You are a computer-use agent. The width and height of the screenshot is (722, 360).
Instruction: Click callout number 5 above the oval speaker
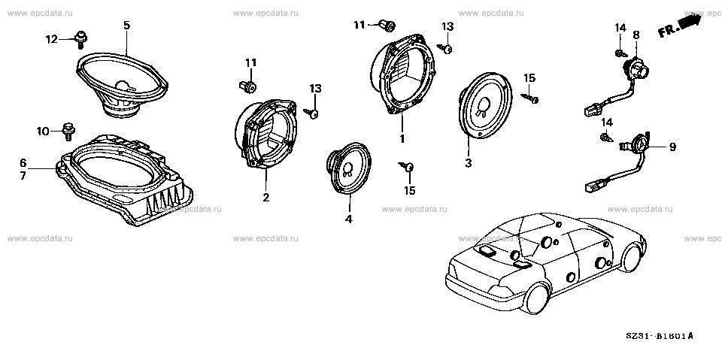[126, 25]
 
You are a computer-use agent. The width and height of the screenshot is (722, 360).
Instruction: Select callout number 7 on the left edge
[23, 175]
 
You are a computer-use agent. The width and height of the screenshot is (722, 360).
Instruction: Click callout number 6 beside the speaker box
[23, 163]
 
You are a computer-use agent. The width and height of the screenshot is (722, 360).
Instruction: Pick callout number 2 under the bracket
[265, 198]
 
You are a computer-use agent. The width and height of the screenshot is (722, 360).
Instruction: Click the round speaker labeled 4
[347, 170]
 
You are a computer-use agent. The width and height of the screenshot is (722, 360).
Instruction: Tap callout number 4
[347, 219]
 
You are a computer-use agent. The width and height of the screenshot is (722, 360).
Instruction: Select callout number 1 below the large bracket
[402, 140]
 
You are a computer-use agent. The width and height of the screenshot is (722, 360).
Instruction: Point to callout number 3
[468, 162]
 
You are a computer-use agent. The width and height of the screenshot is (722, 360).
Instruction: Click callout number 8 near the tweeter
[636, 35]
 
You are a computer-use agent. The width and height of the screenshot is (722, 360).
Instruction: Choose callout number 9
[672, 147]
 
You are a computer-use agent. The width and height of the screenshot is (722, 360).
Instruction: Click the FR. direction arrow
[681, 26]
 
